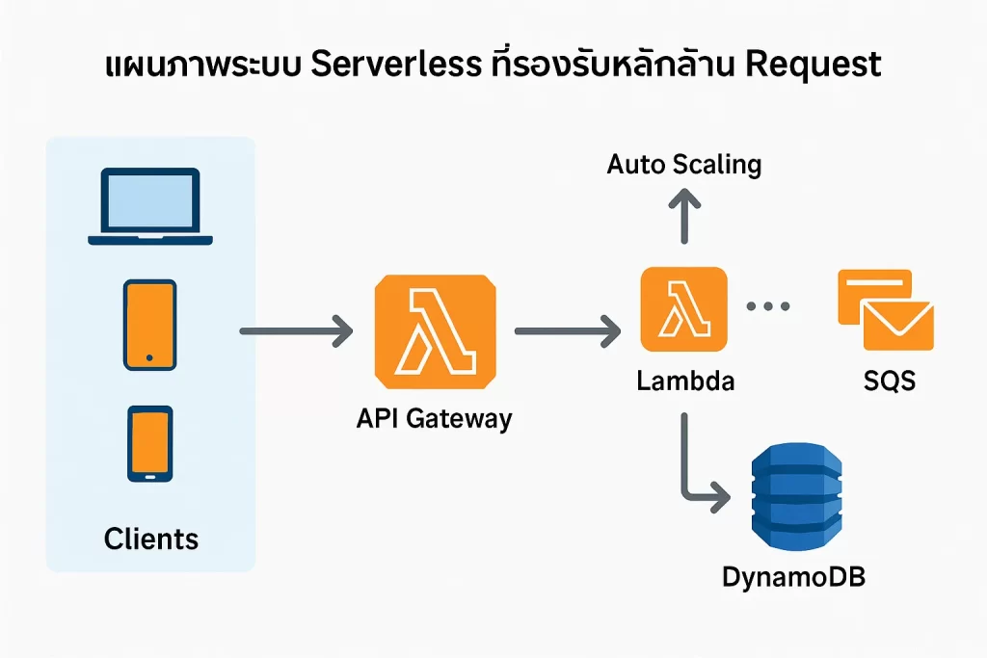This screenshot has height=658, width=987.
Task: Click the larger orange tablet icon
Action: click(x=149, y=325)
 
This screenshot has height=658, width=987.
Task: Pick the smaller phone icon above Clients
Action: click(x=149, y=442)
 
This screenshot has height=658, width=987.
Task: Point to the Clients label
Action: click(x=151, y=538)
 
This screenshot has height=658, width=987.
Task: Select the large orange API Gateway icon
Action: click(x=436, y=330)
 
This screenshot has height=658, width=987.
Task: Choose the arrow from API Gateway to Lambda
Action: click(x=567, y=332)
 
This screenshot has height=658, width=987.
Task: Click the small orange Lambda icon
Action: click(x=683, y=308)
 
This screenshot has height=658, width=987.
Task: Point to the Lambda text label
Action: click(x=685, y=381)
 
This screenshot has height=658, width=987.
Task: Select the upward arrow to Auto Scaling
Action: click(x=684, y=214)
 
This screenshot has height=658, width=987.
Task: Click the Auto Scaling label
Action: click(x=684, y=164)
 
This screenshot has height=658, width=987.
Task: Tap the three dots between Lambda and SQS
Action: click(x=769, y=306)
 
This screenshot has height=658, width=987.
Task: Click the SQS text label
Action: click(x=889, y=381)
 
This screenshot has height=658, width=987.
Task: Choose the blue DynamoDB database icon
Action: click(x=796, y=499)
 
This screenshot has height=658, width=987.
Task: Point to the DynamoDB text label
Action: click(x=794, y=578)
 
